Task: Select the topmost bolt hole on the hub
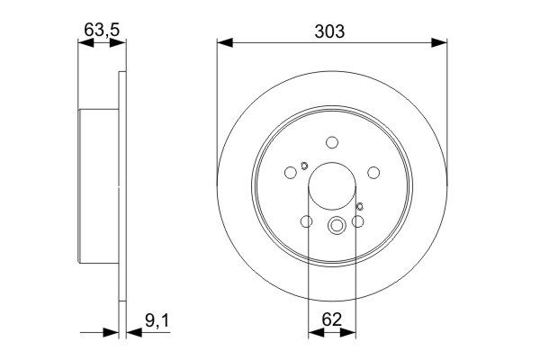tap(332, 141)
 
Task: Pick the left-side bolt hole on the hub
tap(290, 173)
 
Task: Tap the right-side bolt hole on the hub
tap(373, 173)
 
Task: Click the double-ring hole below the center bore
tap(337, 227)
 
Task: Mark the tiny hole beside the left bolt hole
tap(304, 165)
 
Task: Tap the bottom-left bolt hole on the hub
tap(306, 222)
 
